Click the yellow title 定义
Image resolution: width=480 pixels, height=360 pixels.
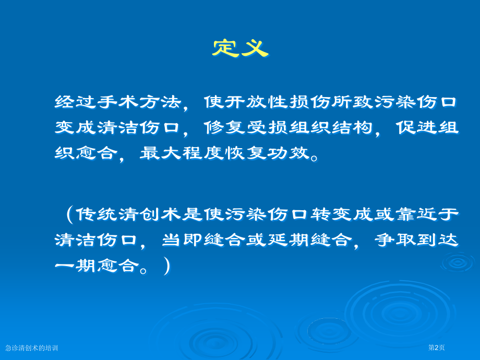[x=239, y=48]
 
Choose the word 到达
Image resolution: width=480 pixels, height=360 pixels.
[x=438, y=240]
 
